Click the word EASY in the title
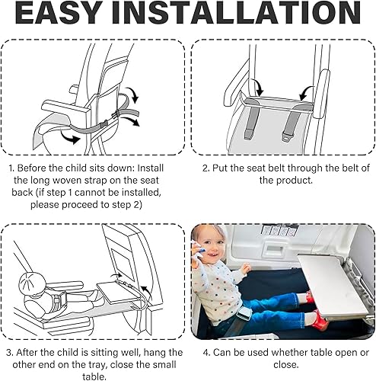tap(58, 13)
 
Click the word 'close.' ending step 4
tap(285, 365)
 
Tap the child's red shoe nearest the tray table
tap(320, 320)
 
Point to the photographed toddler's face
tap(208, 245)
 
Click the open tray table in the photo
tap(332, 285)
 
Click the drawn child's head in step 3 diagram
tap(32, 282)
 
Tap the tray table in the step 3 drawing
tap(117, 291)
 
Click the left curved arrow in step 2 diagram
tap(257, 87)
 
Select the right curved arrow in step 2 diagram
tap(307, 92)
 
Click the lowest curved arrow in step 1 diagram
tap(70, 137)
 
